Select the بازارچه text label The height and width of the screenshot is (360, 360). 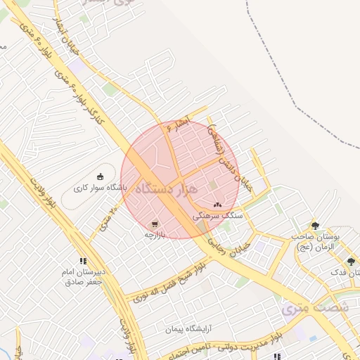154,235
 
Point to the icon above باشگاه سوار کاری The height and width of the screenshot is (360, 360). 101,177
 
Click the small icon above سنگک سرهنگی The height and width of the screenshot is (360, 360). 217,205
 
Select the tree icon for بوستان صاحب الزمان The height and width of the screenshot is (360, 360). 314,226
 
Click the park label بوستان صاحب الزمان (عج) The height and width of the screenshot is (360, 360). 316,241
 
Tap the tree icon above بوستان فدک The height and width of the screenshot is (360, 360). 351,262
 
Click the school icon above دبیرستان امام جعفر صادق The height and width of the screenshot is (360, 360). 83,261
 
